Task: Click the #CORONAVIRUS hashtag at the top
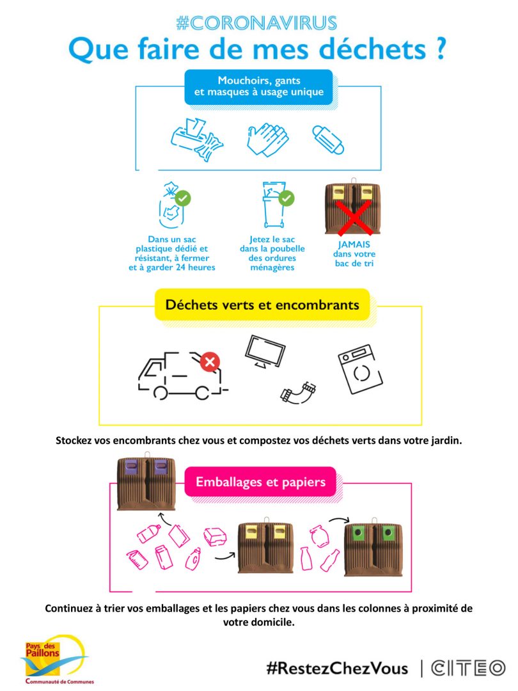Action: coord(256,24)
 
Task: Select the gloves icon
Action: coord(267,138)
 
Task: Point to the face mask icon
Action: coord(328,139)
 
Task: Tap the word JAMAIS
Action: coord(354,244)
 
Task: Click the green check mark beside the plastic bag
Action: coord(183,198)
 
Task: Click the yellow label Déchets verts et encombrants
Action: coord(262,305)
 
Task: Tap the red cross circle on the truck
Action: coord(209,363)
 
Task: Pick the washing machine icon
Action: coord(360,369)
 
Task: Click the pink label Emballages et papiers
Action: coord(260,481)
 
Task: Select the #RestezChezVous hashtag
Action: coord(337,669)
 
